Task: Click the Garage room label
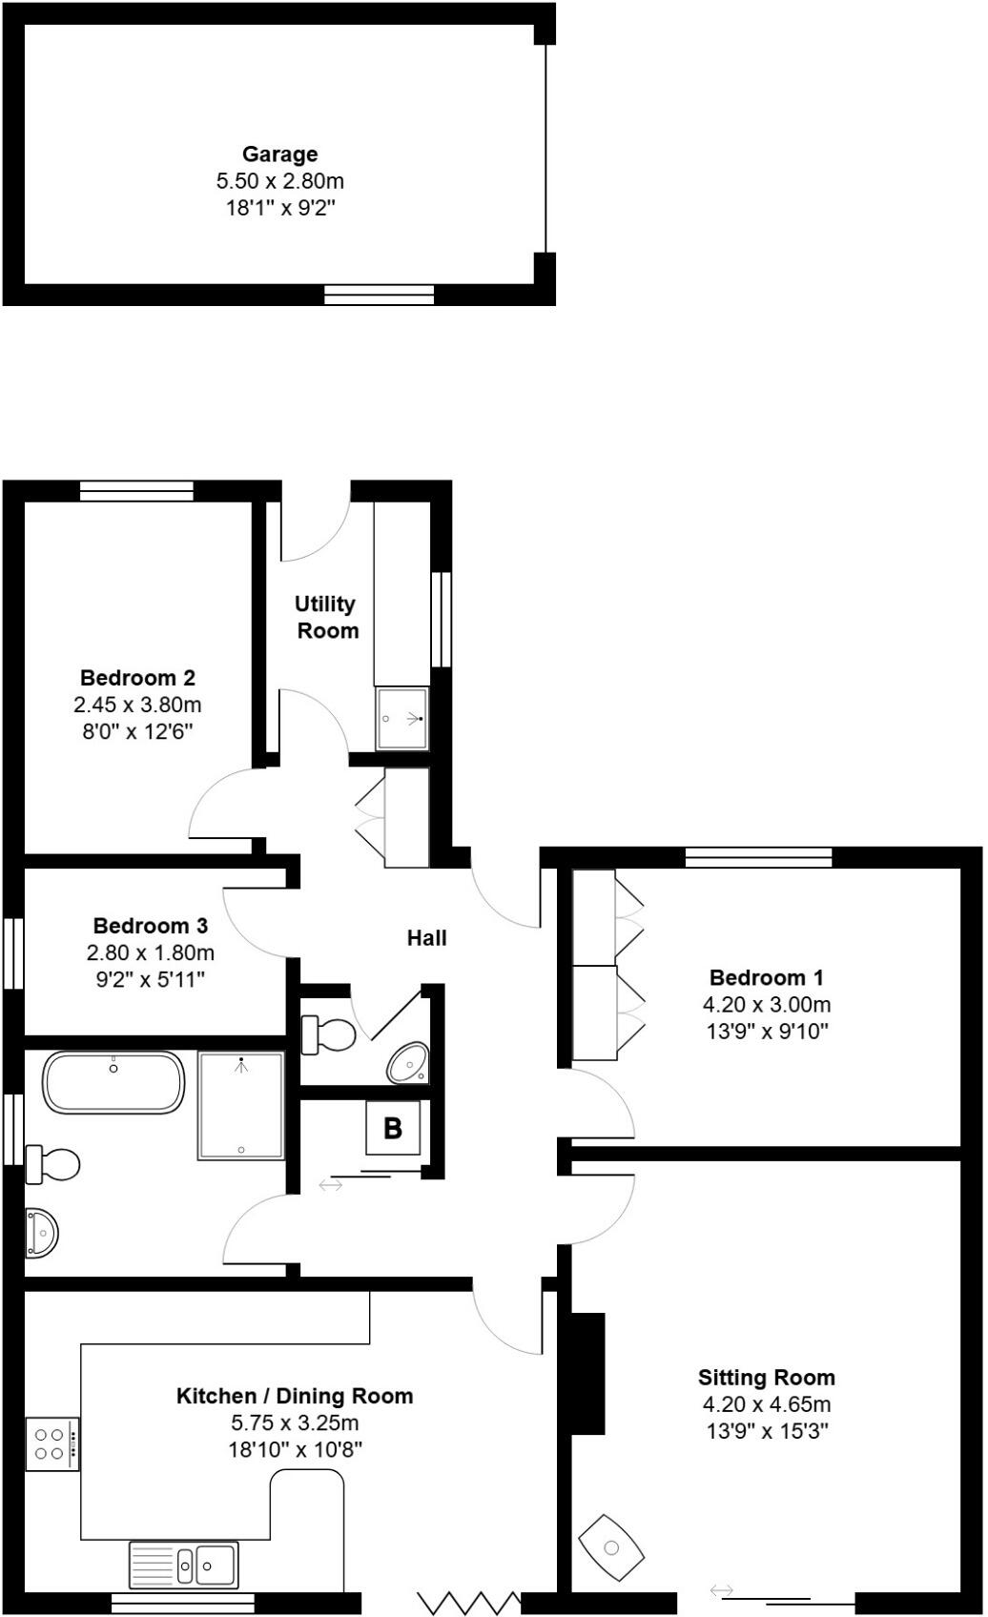click(279, 154)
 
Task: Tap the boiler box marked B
click(392, 1128)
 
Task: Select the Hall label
click(426, 938)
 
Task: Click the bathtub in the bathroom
click(113, 1082)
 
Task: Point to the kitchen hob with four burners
click(52, 1443)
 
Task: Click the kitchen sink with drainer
click(184, 1565)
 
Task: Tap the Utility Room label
click(326, 617)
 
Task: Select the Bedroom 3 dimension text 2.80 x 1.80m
click(151, 952)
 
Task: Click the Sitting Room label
click(766, 1378)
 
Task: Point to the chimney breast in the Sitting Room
click(587, 1373)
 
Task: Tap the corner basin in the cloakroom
click(410, 1062)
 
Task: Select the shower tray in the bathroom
click(241, 1106)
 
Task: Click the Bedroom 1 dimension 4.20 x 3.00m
click(766, 1005)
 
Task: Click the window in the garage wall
click(379, 295)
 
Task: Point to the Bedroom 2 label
click(137, 679)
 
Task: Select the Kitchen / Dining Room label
click(295, 1397)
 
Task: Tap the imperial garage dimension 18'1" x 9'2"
click(279, 208)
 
